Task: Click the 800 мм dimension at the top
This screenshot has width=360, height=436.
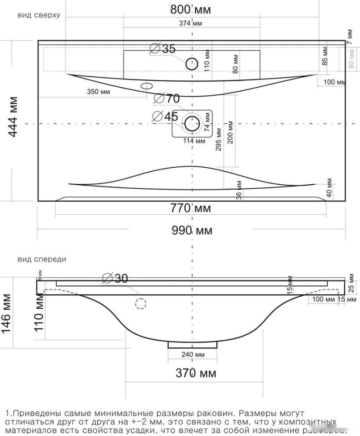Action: pos(191,9)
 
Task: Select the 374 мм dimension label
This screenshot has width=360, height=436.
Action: pos(190,23)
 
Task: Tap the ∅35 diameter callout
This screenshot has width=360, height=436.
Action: pos(162,49)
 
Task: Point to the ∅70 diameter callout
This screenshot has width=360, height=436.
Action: pos(166,98)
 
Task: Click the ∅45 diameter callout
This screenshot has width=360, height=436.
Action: pos(165,116)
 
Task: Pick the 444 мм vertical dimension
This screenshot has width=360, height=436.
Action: pos(14,117)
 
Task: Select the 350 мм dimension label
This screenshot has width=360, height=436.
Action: pos(99,92)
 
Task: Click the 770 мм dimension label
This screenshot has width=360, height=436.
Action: pos(191,208)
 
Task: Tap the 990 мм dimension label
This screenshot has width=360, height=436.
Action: pos(192,231)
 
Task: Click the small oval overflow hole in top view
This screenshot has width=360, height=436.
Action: pos(147,85)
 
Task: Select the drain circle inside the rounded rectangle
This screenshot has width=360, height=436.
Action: pos(192,123)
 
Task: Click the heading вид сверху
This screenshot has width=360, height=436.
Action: pos(39,15)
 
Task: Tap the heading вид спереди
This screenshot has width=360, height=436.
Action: pos(42,259)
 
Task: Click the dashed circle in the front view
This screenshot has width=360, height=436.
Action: pos(141,304)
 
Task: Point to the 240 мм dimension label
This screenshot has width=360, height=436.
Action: pos(193,355)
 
